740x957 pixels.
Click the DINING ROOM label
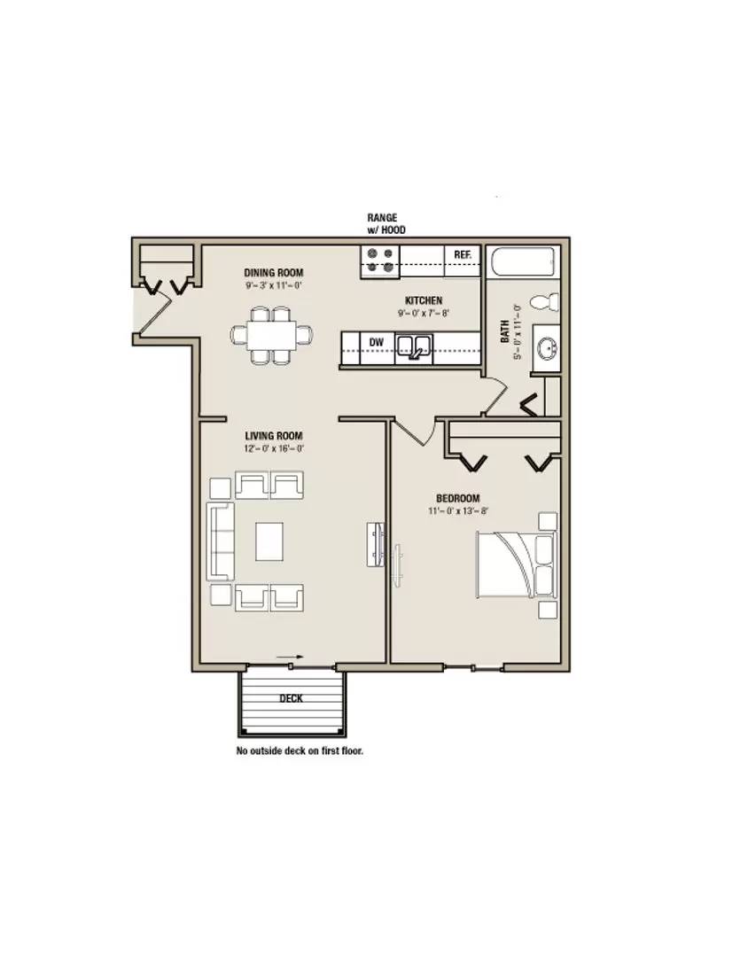tap(274, 273)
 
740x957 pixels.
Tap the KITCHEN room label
tap(424, 300)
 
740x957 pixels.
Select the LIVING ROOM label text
tap(274, 436)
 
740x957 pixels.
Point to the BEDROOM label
tap(458, 498)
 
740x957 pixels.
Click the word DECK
tap(291, 698)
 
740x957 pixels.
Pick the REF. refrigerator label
tap(463, 254)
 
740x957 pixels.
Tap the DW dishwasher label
tap(377, 342)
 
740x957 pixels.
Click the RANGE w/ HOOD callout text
tap(386, 223)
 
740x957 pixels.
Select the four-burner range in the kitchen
tap(380, 261)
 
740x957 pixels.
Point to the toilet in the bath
tap(544, 301)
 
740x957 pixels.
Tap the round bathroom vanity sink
tap(547, 349)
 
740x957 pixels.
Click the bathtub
tap(525, 263)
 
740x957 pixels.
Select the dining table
tap(272, 335)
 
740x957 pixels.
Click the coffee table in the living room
tap(269, 541)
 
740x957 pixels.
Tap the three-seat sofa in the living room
tap(221, 541)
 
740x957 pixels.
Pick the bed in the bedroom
tap(516, 565)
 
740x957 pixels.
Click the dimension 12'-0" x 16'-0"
tap(274, 448)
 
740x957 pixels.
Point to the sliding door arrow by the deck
tap(290, 657)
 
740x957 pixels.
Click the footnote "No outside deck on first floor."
tap(300, 751)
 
